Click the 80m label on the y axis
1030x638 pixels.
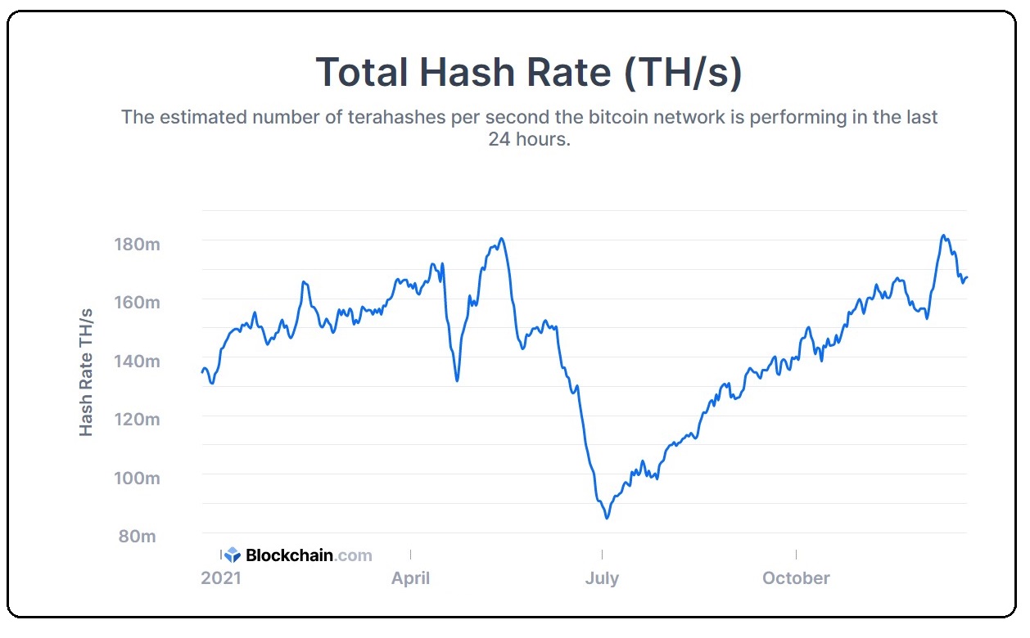click(138, 537)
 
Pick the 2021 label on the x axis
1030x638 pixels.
click(221, 578)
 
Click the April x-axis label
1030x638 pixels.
click(410, 578)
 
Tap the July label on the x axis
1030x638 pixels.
click(602, 578)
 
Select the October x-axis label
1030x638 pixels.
click(796, 578)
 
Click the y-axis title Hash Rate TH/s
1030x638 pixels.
click(86, 372)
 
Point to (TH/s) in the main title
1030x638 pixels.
click(683, 72)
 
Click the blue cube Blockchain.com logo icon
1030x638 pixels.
click(233, 555)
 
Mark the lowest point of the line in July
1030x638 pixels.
click(607, 518)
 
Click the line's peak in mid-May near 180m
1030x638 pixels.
click(501, 239)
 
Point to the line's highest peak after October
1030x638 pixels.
click(944, 236)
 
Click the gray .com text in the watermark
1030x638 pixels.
click(354, 555)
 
